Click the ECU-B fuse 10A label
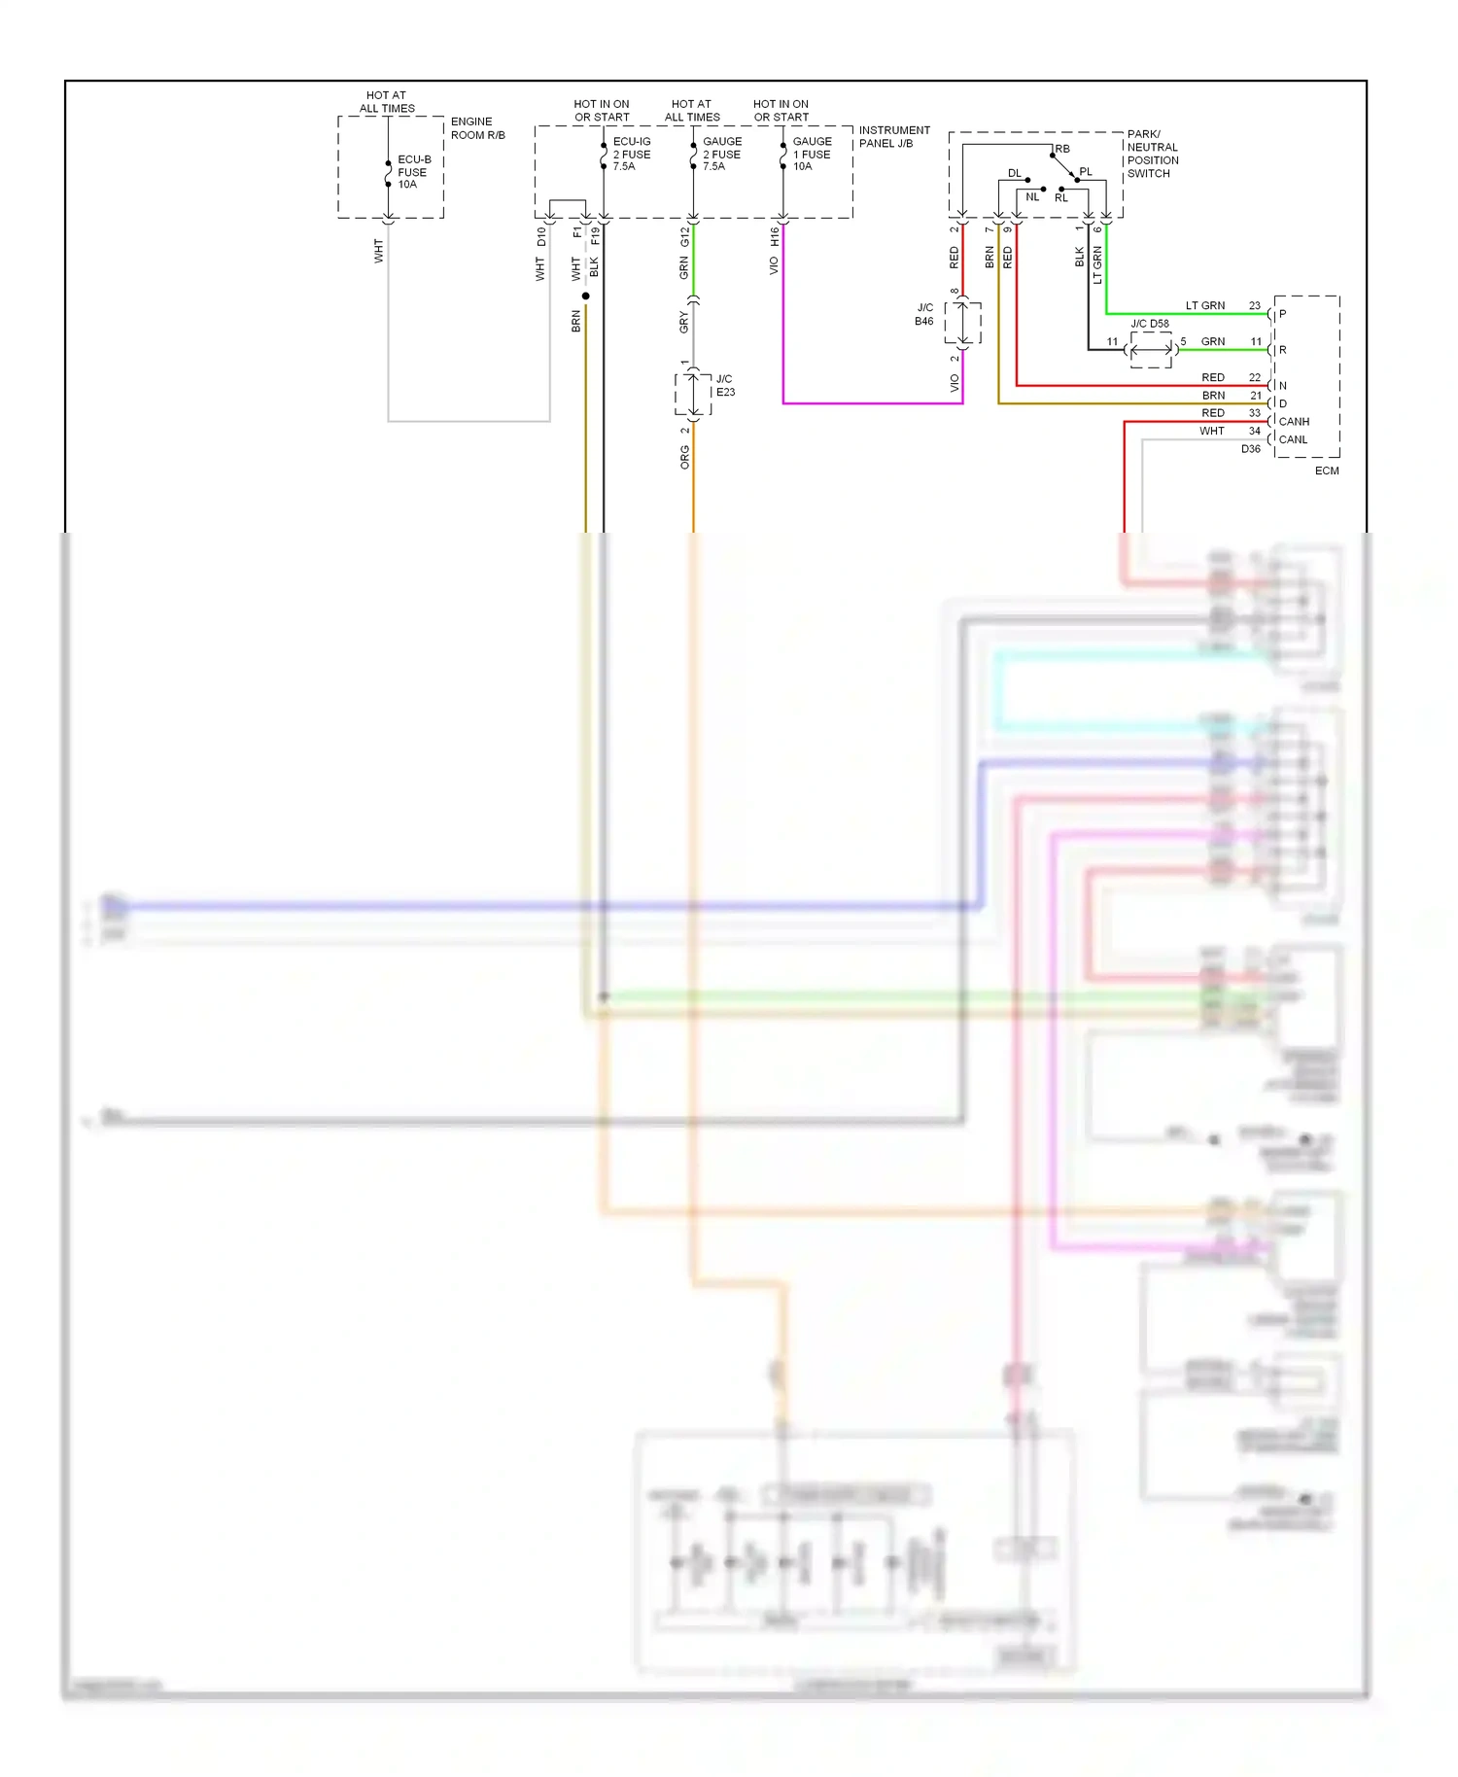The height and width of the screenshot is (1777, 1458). (413, 172)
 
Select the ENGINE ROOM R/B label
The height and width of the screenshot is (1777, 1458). (477, 128)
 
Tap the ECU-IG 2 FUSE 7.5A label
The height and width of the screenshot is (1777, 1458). (631, 154)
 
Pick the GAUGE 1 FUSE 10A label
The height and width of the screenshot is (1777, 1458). (811, 154)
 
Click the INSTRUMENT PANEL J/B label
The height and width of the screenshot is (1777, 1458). (893, 136)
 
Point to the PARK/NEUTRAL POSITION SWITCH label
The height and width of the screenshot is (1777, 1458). (1152, 154)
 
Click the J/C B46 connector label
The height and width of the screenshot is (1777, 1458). (924, 314)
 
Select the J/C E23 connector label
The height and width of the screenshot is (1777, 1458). (725, 385)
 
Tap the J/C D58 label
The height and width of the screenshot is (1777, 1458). (1149, 324)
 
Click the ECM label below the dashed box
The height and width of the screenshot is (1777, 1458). (1326, 470)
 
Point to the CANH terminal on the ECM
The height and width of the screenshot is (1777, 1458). (1293, 422)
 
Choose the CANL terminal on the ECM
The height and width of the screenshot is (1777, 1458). (1292, 439)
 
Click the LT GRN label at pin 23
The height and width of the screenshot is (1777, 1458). (1204, 305)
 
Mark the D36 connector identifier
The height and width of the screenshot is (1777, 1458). (1250, 449)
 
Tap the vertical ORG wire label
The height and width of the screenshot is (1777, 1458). (684, 457)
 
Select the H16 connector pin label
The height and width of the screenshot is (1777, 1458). (775, 236)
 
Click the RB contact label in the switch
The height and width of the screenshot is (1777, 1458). (1062, 149)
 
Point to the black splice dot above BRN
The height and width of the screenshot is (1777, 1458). (585, 296)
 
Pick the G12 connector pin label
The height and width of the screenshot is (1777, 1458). (684, 236)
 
